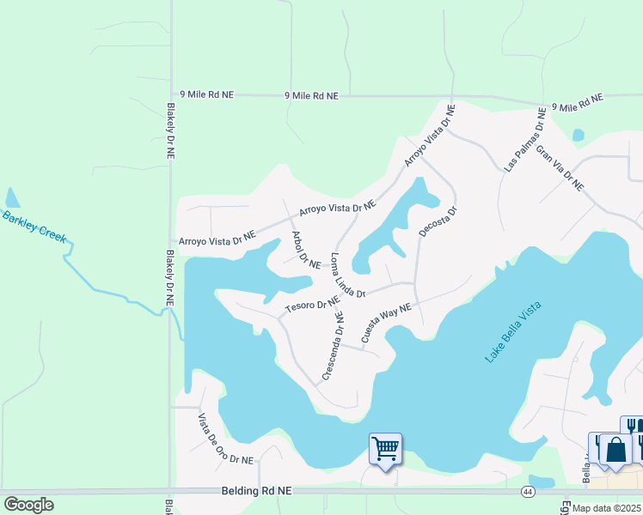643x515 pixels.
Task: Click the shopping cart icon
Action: pyautogui.click(x=385, y=448)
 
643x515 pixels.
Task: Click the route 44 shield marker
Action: pyautogui.click(x=528, y=491)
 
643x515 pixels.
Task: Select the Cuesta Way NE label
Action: pyautogui.click(x=386, y=323)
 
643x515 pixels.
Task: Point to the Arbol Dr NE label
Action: pyautogui.click(x=305, y=251)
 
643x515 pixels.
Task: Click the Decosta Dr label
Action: pyautogui.click(x=437, y=221)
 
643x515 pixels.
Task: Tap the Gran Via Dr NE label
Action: pyautogui.click(x=560, y=168)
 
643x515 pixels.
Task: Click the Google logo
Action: pyautogui.click(x=28, y=505)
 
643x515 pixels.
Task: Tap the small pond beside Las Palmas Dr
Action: pyautogui.click(x=578, y=136)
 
